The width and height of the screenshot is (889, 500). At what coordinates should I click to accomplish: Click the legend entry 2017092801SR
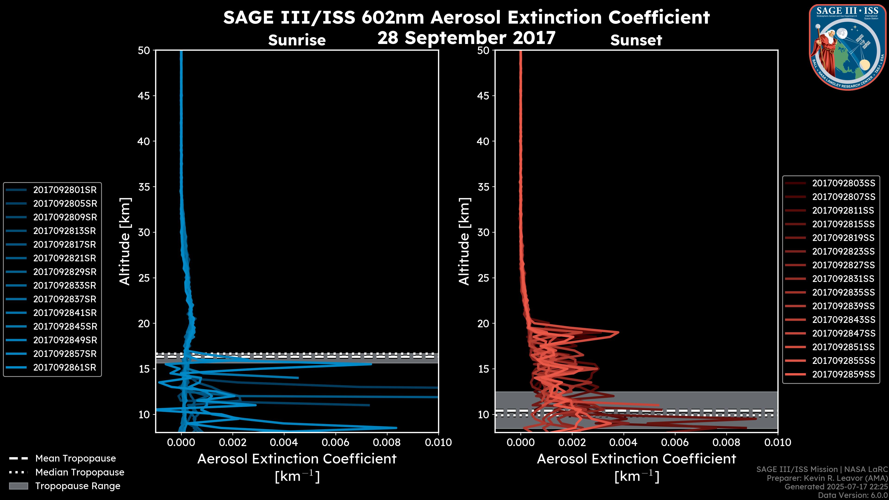(x=65, y=190)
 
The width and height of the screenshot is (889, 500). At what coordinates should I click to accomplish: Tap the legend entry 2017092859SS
(x=843, y=374)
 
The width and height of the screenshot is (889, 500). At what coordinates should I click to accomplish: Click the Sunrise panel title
(x=297, y=40)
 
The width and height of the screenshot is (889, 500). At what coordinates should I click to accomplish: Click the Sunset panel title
(x=636, y=40)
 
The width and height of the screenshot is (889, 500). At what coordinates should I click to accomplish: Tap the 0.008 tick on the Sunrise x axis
(x=387, y=442)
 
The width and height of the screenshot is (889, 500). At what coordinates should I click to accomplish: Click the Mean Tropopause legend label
(x=75, y=458)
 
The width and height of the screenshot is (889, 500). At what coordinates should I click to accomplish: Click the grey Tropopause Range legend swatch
(x=18, y=486)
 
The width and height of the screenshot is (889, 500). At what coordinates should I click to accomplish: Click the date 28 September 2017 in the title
(x=466, y=37)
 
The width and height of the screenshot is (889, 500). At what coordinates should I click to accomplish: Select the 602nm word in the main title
(x=392, y=17)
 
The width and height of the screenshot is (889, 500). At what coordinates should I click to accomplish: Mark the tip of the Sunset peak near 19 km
(x=618, y=332)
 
